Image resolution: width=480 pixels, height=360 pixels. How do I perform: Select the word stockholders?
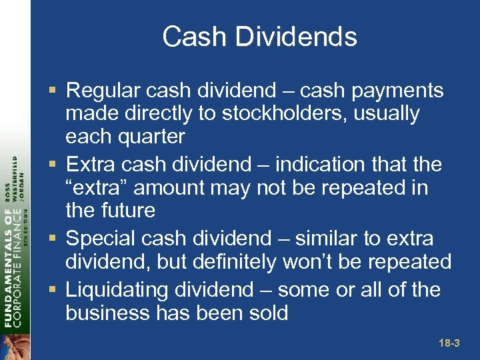pos(293,114)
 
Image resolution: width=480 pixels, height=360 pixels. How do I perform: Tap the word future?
pos(129,211)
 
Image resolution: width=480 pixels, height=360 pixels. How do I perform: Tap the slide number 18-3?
pos(449,343)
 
